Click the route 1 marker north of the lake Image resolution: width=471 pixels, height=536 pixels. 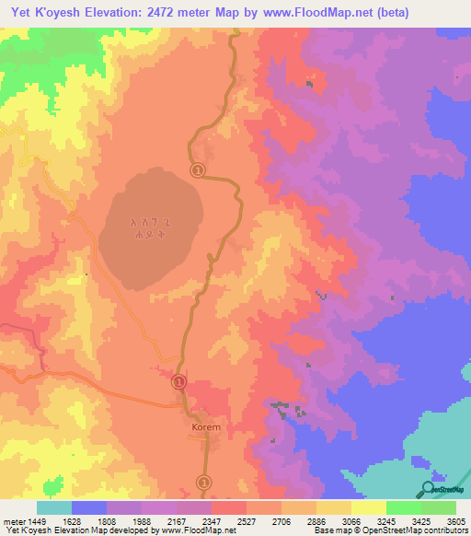[x=197, y=170]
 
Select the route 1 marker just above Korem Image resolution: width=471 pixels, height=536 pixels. [x=179, y=381]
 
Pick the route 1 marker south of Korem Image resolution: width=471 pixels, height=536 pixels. [x=204, y=480]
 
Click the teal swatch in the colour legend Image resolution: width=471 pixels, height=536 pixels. [x=53, y=507]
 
